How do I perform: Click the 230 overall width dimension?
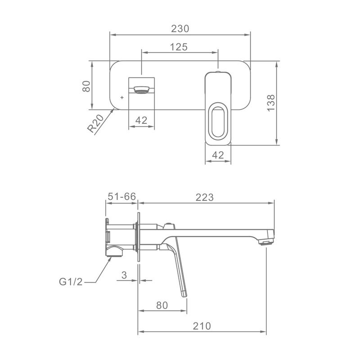[180, 29]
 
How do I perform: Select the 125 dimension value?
[179, 47]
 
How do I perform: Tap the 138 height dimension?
[271, 103]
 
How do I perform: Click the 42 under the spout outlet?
[141, 120]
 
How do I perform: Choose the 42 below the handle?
[218, 155]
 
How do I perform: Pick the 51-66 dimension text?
[121, 197]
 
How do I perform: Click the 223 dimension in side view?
[205, 197]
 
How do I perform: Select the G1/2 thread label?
[71, 282]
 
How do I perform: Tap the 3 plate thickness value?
[124, 275]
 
